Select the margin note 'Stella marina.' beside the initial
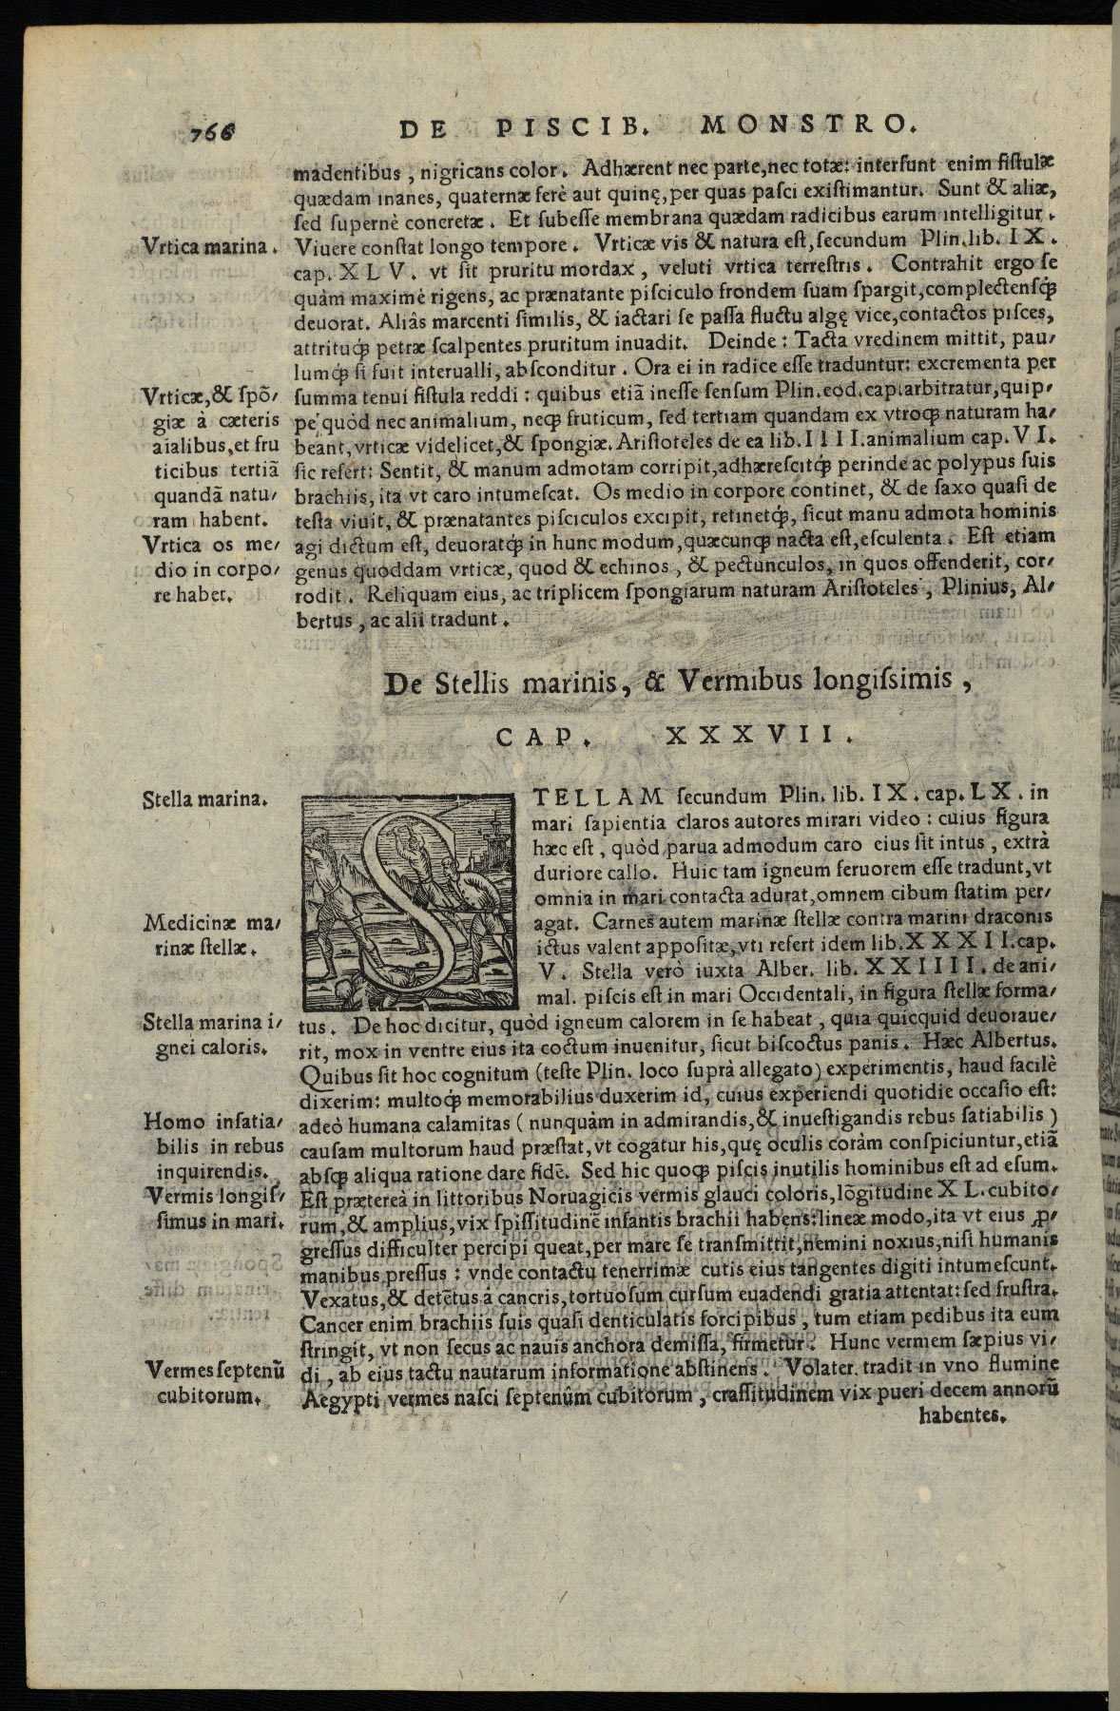click(x=203, y=798)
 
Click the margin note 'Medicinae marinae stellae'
click(x=208, y=934)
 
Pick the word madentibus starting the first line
click(x=349, y=174)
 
